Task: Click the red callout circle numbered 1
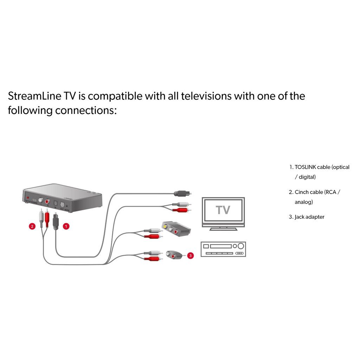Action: [66, 226]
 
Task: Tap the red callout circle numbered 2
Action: [32, 226]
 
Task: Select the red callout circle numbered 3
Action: [190, 256]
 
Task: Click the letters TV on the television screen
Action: [223, 210]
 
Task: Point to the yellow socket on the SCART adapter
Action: [166, 227]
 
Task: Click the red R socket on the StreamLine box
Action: [47, 201]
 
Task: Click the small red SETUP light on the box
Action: [28, 198]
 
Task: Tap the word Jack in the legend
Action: [299, 217]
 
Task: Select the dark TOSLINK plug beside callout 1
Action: [55, 221]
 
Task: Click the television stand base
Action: [223, 229]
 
